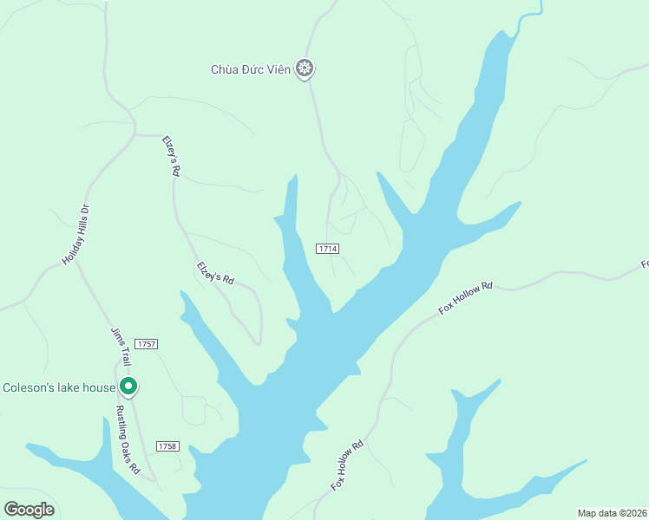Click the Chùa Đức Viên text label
point(251,68)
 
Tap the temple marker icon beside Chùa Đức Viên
point(305,68)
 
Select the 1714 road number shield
point(327,249)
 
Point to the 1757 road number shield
point(146,344)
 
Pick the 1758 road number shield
point(167,445)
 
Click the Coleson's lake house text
point(58,387)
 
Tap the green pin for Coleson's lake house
point(128,387)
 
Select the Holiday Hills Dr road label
point(76,235)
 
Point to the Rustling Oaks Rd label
point(128,440)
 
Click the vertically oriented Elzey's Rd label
point(171,156)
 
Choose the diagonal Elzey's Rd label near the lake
point(216,273)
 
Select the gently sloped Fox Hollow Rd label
point(465,296)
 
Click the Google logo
point(29,509)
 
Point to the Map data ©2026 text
point(613,512)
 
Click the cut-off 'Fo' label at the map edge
point(644,263)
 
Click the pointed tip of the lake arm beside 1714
point(295,175)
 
